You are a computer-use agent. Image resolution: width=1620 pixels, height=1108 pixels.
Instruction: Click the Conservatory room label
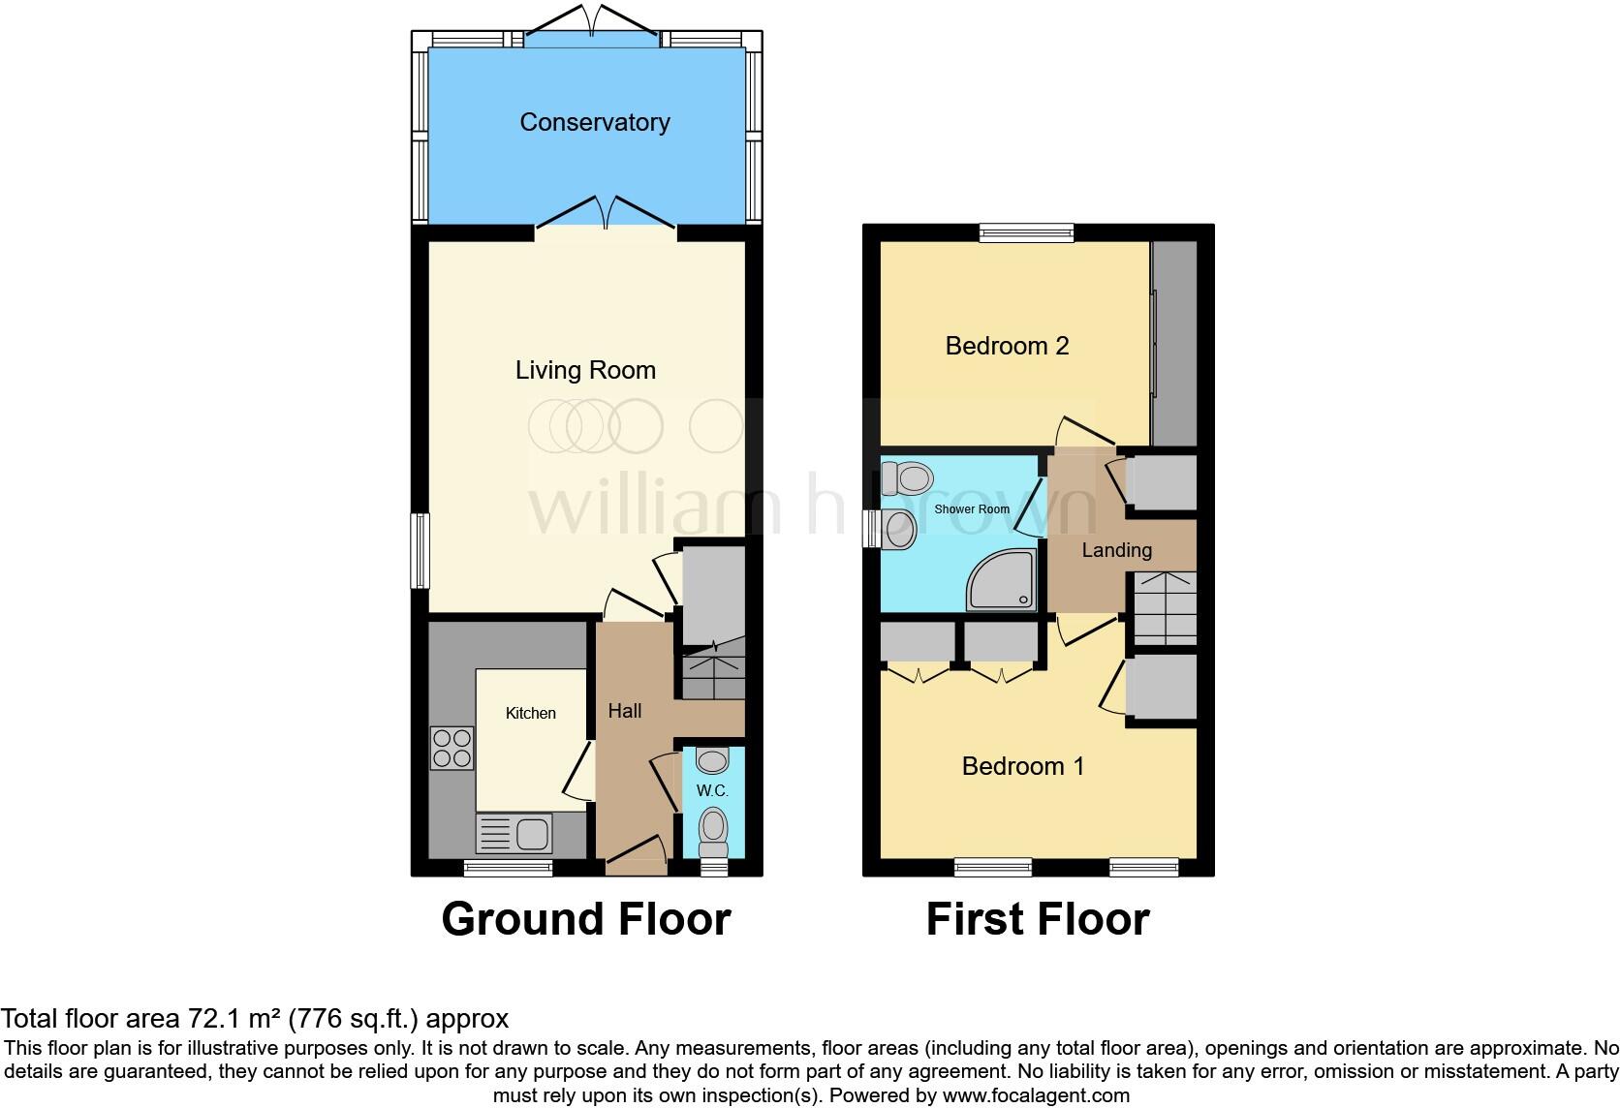pyautogui.click(x=594, y=123)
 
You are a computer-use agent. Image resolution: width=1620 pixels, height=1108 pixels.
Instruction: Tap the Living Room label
pyautogui.click(x=585, y=370)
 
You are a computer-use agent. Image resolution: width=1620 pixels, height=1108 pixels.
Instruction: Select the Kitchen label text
pyautogui.click(x=531, y=714)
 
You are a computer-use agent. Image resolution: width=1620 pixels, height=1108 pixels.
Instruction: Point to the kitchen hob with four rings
pyautogui.click(x=452, y=748)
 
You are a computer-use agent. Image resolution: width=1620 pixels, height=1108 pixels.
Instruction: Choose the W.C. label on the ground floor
pyautogui.click(x=712, y=791)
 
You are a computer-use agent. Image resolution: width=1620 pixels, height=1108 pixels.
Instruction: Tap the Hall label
pyautogui.click(x=625, y=711)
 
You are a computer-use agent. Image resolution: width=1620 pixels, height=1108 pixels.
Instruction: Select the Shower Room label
pyautogui.click(x=972, y=509)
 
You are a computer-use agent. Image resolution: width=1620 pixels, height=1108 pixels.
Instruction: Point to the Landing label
pyautogui.click(x=1116, y=550)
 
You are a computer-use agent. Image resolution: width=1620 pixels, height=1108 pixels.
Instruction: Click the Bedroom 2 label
pyautogui.click(x=1007, y=346)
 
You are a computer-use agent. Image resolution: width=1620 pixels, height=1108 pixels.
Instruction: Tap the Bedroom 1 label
pyautogui.click(x=1022, y=766)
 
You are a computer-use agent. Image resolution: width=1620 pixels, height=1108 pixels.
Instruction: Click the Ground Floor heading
pyautogui.click(x=586, y=919)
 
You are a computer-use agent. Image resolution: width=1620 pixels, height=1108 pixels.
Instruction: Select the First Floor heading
pyautogui.click(x=1038, y=919)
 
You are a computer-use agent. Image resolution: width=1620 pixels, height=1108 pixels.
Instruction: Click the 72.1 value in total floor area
pyautogui.click(x=209, y=1018)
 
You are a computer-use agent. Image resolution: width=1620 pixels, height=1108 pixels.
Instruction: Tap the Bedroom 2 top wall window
pyautogui.click(x=1026, y=232)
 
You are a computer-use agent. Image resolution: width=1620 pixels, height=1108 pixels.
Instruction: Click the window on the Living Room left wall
pyautogui.click(x=421, y=550)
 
